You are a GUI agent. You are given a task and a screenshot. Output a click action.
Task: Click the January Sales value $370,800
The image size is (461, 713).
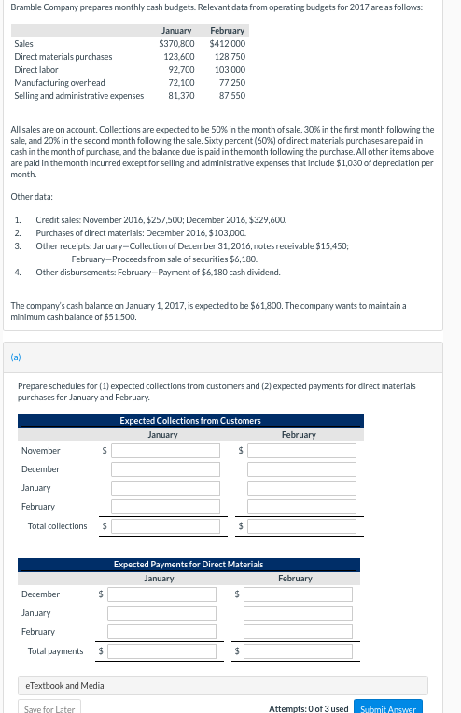177,43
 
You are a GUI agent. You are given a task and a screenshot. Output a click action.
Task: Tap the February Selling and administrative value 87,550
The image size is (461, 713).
230,95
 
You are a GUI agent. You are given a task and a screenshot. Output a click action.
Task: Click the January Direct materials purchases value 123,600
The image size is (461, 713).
179,56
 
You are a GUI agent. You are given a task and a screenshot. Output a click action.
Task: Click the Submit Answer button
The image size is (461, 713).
388,708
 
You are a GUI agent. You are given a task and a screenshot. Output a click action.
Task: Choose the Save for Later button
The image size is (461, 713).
49,708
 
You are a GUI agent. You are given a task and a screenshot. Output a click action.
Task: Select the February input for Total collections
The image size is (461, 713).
301,526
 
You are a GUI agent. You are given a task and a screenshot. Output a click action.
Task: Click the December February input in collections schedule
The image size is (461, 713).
301,469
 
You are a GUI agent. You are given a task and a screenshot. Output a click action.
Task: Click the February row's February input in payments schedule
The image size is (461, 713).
298,632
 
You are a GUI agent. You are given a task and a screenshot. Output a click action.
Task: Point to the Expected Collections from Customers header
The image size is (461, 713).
190,421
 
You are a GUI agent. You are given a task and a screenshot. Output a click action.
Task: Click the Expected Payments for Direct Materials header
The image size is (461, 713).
189,565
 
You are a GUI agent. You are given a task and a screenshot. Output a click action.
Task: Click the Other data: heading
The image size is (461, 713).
31,197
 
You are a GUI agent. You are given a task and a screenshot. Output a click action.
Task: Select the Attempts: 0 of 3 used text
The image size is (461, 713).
308,708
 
